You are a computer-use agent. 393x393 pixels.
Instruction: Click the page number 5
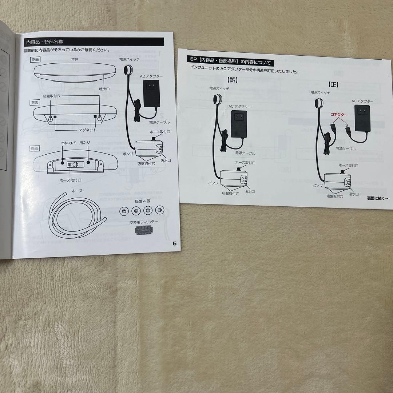tap(174, 243)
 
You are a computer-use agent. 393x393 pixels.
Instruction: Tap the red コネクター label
tap(339, 115)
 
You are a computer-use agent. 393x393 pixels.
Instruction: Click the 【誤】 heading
tap(232, 80)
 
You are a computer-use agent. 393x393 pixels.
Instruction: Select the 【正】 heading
tap(334, 84)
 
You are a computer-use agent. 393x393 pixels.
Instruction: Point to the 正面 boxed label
tap(35, 59)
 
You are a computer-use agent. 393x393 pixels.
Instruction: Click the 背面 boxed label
tap(35, 102)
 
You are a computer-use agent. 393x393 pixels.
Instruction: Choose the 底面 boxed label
tap(34, 148)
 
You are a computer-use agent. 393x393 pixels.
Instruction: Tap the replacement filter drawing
tap(144, 230)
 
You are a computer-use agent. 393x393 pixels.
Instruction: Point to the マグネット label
tap(87, 130)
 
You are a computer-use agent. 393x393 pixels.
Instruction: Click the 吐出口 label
tap(104, 89)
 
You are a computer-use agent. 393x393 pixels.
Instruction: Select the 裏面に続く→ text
tap(378, 198)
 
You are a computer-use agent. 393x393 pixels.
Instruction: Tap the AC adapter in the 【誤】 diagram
tap(239, 124)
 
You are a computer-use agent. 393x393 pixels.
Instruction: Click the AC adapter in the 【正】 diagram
tap(362, 118)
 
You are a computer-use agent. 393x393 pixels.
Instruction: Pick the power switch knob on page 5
tap(128, 70)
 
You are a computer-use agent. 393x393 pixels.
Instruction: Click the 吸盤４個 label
tap(143, 201)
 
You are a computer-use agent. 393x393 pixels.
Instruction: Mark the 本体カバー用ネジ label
tap(76, 143)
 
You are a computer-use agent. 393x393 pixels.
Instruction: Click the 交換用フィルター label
tap(144, 222)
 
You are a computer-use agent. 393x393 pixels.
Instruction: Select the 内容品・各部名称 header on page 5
tap(44, 42)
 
